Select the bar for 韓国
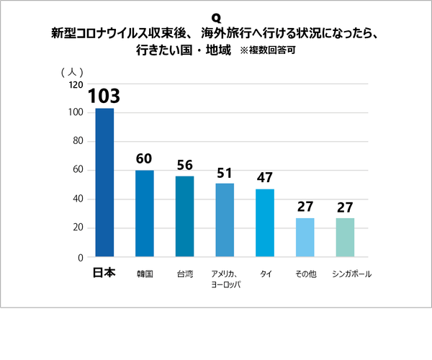pyautogui.click(x=145, y=213)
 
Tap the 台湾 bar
pyautogui.click(x=185, y=216)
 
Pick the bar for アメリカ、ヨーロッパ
pyautogui.click(x=225, y=220)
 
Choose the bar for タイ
pyautogui.click(x=265, y=222)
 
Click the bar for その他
pyautogui.click(x=305, y=237)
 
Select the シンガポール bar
pyautogui.click(x=346, y=237)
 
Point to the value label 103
pyautogui.click(x=104, y=96)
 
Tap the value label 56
pyautogui.click(x=185, y=166)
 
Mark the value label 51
pyautogui.click(x=225, y=173)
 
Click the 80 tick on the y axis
pyautogui.click(x=78, y=142)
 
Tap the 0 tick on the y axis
pyautogui.click(x=80, y=257)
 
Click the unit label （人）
pyautogui.click(x=72, y=71)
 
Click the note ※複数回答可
pyautogui.click(x=266, y=51)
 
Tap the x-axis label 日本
pyautogui.click(x=104, y=274)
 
